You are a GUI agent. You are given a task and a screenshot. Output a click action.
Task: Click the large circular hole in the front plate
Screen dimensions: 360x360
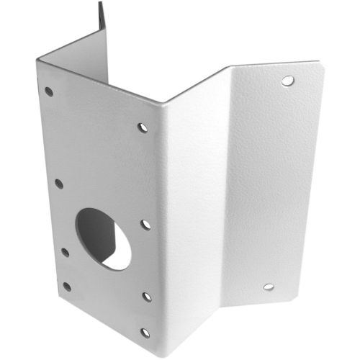(104, 238)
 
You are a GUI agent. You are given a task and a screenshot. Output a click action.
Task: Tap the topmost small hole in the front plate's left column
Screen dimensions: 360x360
(49, 91)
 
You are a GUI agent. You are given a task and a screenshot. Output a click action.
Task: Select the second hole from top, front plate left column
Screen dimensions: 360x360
(58, 184)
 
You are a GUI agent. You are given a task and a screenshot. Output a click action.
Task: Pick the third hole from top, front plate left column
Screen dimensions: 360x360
(65, 253)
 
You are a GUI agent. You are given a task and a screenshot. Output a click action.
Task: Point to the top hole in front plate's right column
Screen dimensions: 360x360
(143, 127)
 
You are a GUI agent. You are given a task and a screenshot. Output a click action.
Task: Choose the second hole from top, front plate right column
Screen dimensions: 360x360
(145, 225)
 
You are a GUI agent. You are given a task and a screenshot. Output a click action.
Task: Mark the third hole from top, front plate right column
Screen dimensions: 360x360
(147, 296)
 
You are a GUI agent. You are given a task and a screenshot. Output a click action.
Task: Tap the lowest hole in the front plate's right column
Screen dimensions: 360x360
(145, 333)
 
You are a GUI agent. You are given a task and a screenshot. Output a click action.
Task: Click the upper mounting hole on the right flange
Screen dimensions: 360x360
(287, 80)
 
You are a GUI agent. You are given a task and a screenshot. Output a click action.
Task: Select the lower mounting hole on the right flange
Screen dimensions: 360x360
(268, 287)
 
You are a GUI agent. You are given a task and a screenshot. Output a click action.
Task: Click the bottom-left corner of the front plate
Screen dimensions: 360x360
(63, 310)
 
